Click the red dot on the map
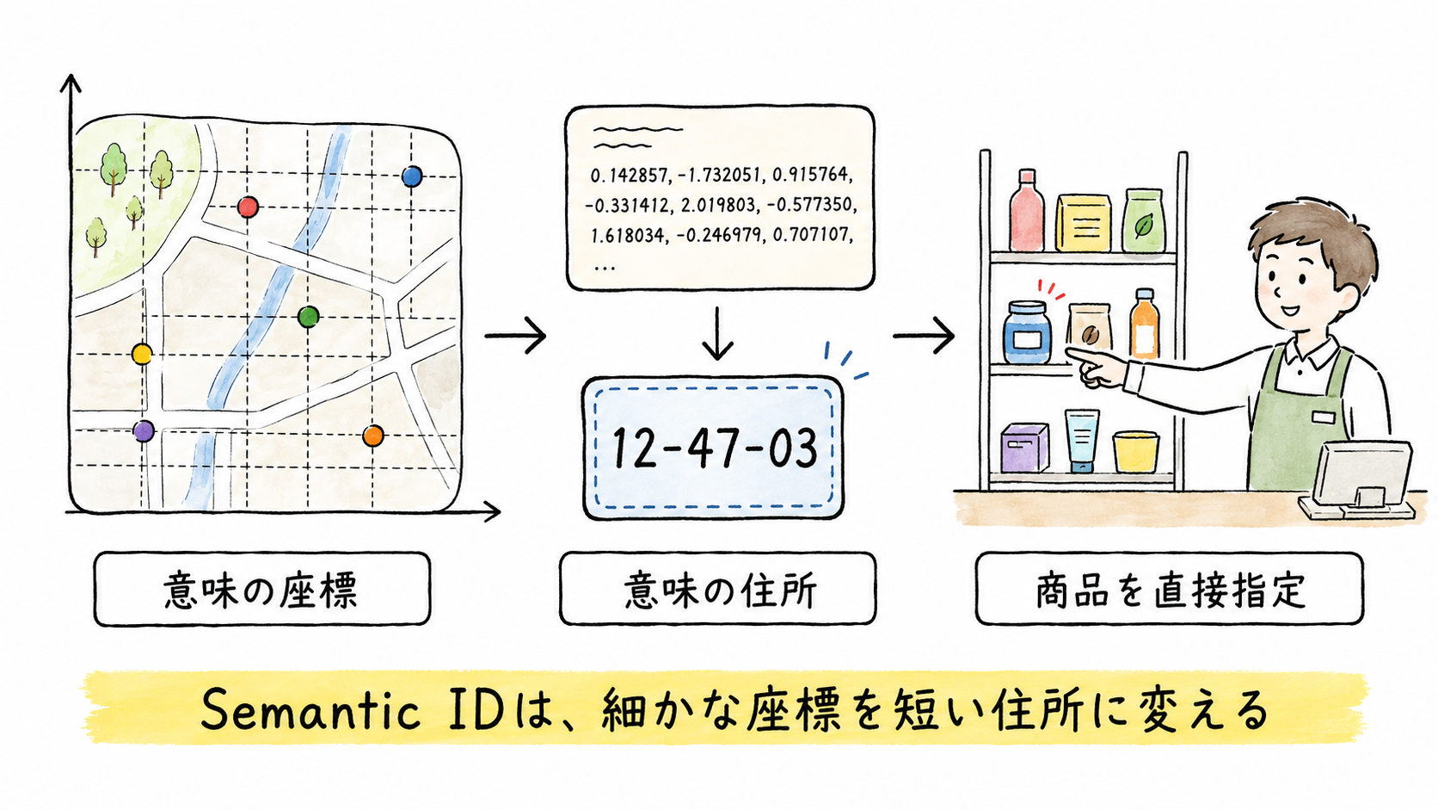point(248,207)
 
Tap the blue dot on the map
point(412,176)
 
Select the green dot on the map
point(309,317)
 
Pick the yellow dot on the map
point(142,354)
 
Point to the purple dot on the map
point(143,430)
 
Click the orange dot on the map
point(373,436)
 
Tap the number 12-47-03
point(715,448)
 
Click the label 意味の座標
point(261,590)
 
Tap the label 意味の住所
point(720,590)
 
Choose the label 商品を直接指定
point(1171,590)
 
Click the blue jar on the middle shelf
point(1027,333)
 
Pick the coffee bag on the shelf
point(1090,331)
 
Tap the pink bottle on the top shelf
point(1026,210)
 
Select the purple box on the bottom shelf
point(1024,447)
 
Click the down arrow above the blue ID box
point(717,333)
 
